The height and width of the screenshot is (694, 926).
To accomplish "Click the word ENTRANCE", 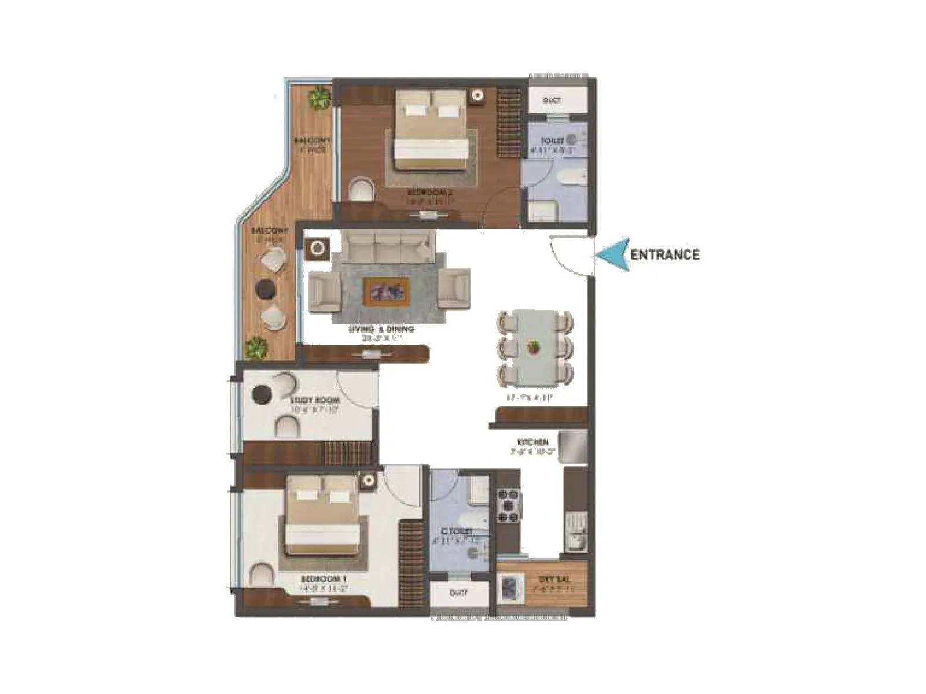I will [x=664, y=254].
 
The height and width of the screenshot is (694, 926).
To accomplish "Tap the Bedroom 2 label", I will [x=427, y=193].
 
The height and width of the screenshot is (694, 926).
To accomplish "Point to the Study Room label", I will [x=315, y=400].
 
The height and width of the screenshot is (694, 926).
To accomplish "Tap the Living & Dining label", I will [x=381, y=329].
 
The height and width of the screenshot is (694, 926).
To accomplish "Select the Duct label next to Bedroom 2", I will [x=552, y=101].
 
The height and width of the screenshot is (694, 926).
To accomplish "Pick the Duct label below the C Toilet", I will [x=458, y=594].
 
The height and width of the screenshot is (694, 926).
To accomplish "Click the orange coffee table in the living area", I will [x=387, y=290].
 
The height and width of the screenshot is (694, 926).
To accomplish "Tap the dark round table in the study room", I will [x=262, y=394].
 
